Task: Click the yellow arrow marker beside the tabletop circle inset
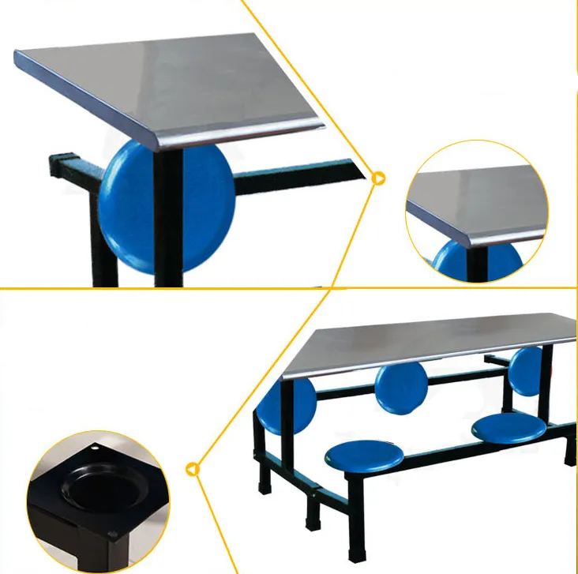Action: [379, 178]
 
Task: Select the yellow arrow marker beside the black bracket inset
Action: [193, 470]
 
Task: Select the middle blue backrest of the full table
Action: [401, 385]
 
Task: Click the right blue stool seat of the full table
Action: [509, 427]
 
